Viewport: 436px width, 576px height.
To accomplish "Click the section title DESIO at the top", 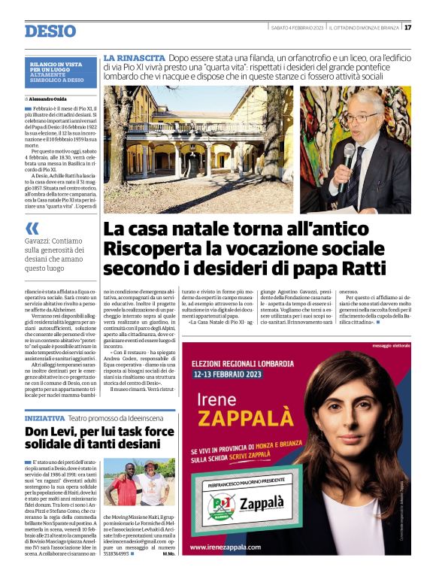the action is click(x=50, y=32).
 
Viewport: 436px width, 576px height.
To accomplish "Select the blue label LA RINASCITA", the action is click(x=134, y=58).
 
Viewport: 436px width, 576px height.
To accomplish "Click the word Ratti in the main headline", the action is click(x=362, y=268).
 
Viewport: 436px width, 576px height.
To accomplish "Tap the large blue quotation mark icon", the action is click(x=32, y=229).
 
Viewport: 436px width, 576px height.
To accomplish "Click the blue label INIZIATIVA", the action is click(x=44, y=417).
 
